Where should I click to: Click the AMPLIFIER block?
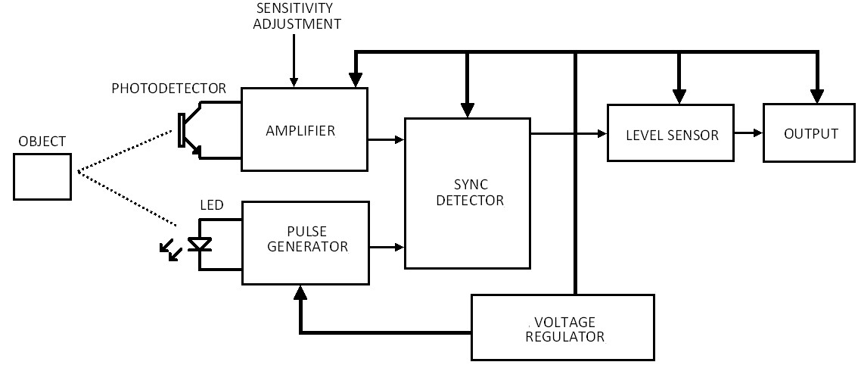pyautogui.click(x=304, y=129)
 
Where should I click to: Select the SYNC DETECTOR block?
pyautogui.click(x=468, y=193)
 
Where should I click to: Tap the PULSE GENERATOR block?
pyautogui.click(x=306, y=243)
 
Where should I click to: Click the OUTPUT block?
pyautogui.click(x=810, y=133)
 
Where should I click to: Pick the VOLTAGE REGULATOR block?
pyautogui.click(x=563, y=327)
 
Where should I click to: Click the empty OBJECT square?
pyautogui.click(x=42, y=176)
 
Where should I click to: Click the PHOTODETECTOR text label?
pyautogui.click(x=169, y=89)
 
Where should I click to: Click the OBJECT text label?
pyautogui.click(x=42, y=142)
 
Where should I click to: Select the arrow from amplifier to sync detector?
pyautogui.click(x=386, y=140)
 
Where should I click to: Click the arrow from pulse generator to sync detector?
pyautogui.click(x=387, y=247)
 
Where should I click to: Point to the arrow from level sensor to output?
pyautogui.click(x=748, y=133)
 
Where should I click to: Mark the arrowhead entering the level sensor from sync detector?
pyautogui.click(x=603, y=133)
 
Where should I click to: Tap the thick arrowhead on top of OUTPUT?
pyautogui.click(x=817, y=96)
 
